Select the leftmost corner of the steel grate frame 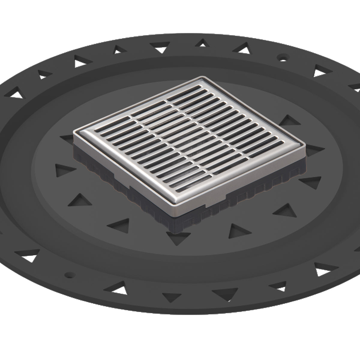pyautogui.click(x=74, y=132)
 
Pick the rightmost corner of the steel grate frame pyautogui.click(x=306, y=146)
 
